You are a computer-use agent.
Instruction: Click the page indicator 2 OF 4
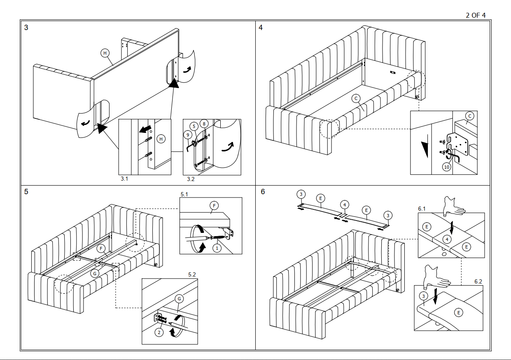coord(476,15)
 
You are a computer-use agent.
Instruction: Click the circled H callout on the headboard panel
coord(105,53)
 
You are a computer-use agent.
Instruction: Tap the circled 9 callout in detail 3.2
coord(188,134)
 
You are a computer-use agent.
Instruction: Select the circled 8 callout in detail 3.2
coord(204,124)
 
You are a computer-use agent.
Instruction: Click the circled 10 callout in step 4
coord(447,167)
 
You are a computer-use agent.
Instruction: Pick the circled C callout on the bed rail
coord(357,98)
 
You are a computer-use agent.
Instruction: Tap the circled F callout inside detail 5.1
coord(213,205)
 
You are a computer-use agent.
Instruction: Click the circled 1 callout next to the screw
coord(217,248)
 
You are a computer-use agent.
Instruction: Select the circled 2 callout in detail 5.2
coord(159,332)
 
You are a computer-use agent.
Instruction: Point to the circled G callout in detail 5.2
coord(179,299)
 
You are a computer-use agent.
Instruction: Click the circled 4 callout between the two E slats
coord(345,204)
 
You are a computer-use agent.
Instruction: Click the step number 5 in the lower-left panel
coord(26,192)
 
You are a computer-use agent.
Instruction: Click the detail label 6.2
coord(478,281)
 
